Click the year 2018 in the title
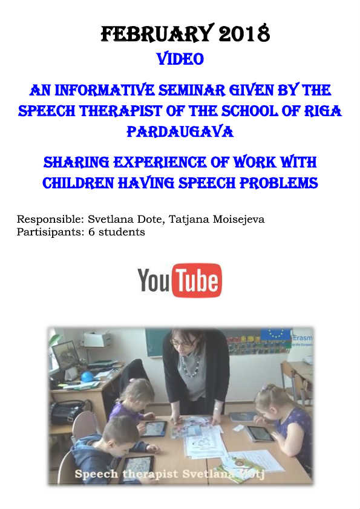click(244, 33)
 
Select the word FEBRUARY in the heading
click(157, 33)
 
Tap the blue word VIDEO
click(180, 59)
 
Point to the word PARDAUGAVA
click(180, 132)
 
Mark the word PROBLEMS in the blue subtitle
click(279, 183)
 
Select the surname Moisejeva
click(238, 220)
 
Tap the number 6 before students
click(91, 232)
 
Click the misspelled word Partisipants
click(50, 232)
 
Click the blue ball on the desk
click(87, 376)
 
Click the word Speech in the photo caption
click(96, 474)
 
